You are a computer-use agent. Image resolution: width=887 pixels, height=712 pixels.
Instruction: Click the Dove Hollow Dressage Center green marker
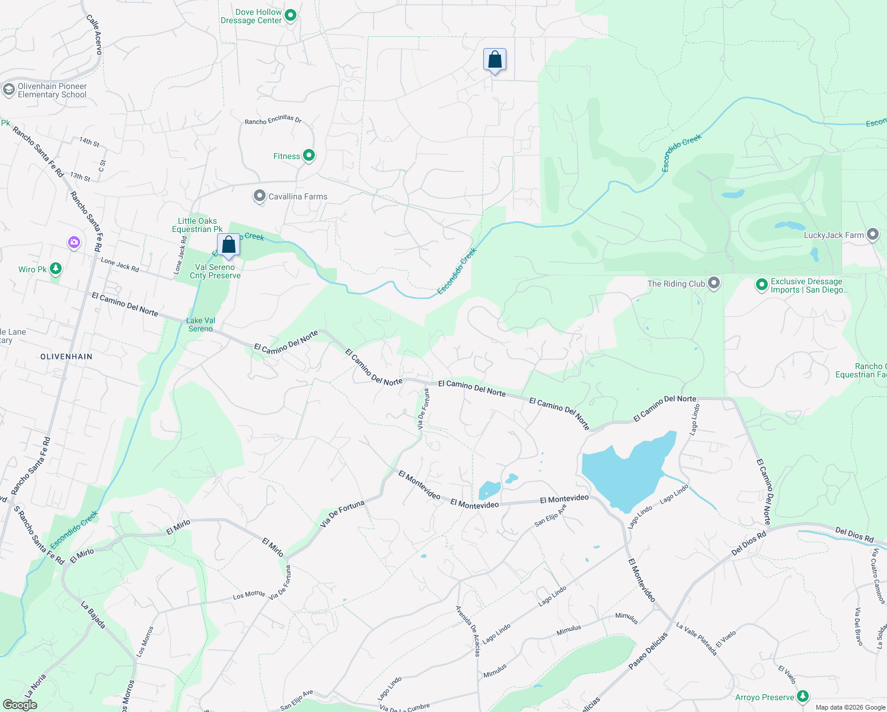(291, 15)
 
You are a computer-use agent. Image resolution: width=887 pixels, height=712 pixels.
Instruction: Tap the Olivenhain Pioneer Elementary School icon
(8, 90)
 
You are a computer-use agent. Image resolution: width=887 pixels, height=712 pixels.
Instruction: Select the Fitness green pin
(308, 155)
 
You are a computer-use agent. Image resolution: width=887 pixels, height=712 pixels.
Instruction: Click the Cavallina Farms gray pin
(259, 196)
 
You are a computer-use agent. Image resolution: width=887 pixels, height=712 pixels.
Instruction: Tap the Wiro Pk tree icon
(55, 269)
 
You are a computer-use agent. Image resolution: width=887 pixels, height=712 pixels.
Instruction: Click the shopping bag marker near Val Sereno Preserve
(228, 245)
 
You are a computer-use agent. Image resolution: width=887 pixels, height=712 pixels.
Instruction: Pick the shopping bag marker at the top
(494, 60)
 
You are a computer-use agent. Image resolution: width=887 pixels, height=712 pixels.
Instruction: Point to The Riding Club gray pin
(714, 283)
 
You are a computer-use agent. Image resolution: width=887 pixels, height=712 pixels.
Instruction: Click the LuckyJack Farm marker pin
(872, 234)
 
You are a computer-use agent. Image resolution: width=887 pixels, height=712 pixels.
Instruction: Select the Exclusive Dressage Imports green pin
(761, 285)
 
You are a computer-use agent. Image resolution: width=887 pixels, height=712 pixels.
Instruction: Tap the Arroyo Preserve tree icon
(802, 696)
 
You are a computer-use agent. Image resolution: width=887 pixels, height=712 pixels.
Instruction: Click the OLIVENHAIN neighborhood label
(66, 357)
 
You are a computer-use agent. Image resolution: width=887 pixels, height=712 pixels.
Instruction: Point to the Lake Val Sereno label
(200, 325)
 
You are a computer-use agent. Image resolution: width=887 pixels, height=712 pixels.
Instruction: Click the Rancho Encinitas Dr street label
(273, 120)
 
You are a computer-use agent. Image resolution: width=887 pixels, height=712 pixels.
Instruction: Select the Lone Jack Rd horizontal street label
(120, 265)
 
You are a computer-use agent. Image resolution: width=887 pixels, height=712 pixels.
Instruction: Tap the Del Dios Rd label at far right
(854, 534)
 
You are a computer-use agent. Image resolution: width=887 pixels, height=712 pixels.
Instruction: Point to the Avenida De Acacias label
(468, 631)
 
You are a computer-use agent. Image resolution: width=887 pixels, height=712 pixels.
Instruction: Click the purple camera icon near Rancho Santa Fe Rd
(74, 242)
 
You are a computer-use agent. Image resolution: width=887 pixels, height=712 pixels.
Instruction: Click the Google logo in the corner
(20, 704)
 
